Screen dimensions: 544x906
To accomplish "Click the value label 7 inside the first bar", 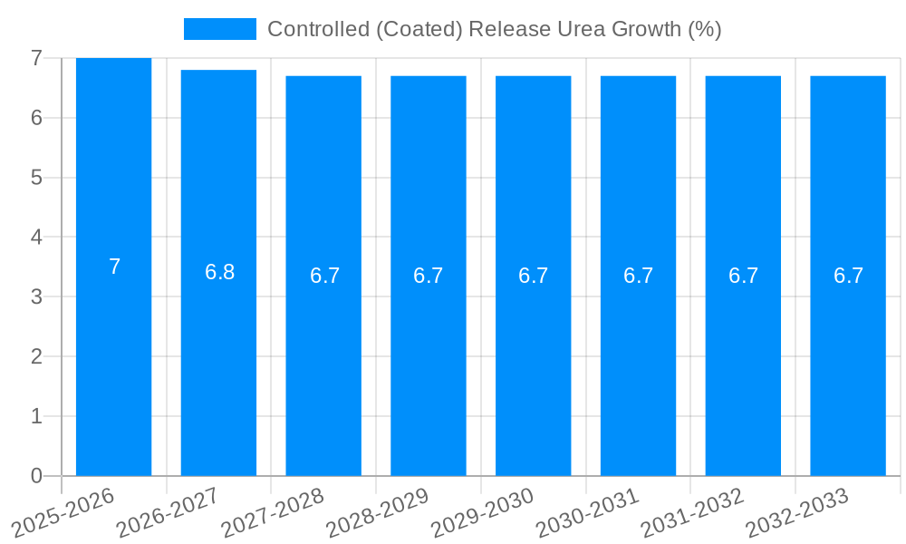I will tap(114, 267).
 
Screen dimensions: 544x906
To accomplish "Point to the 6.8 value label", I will tap(219, 272).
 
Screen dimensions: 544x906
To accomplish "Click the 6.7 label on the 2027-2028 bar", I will tap(324, 277).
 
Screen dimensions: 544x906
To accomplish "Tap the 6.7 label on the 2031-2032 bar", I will tap(743, 277).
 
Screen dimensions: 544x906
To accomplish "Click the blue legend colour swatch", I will tap(220, 29).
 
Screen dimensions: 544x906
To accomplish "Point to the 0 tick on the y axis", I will tap(36, 476).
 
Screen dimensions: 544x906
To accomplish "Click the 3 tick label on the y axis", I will tap(36, 296).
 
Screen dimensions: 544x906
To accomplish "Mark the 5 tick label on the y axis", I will tap(36, 178).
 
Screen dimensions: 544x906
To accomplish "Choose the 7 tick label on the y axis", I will tap(36, 58).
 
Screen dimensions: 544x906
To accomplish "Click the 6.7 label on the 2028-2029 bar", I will tap(428, 277).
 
